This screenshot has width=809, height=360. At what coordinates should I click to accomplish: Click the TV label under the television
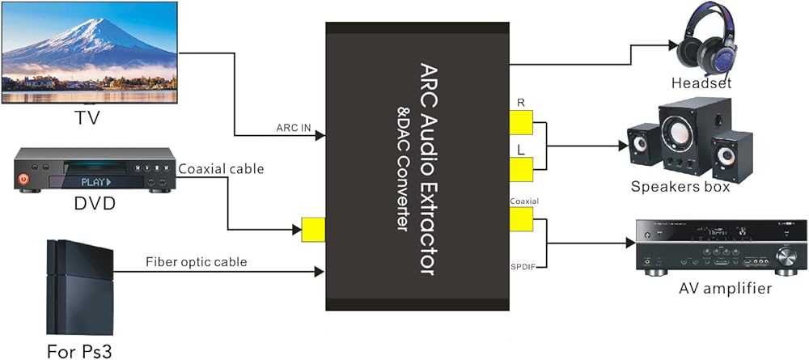90,120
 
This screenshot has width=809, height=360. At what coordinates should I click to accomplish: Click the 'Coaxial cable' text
221,169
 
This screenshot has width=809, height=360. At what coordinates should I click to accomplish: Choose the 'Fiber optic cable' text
196,262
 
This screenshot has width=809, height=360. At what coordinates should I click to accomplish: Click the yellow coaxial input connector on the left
312,230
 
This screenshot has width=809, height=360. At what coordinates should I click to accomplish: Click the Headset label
701,83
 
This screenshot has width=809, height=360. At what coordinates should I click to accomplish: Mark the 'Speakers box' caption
680,187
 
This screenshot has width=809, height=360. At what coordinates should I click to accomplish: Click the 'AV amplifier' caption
722,288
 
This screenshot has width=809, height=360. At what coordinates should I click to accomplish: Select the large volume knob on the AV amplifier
786,258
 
